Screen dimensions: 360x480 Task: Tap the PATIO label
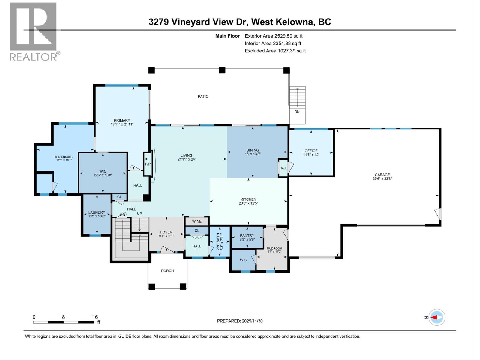[x=203, y=96]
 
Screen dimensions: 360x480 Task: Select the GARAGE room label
[x=382, y=175]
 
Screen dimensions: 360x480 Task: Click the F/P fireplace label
[x=148, y=164]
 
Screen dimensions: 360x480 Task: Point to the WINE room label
[x=197, y=221]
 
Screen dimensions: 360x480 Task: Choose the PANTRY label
[x=247, y=235]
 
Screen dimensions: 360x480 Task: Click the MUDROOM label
[x=274, y=248]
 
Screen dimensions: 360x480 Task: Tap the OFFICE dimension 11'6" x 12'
[x=311, y=155]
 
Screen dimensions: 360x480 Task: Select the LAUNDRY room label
[x=97, y=212]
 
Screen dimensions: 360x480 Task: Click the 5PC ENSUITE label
[x=64, y=157]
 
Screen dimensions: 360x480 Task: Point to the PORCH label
[x=167, y=271]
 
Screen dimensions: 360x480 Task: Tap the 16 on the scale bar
[x=95, y=317]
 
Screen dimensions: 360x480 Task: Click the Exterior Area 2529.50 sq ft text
[x=274, y=36]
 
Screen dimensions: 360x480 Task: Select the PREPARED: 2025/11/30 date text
[x=240, y=321]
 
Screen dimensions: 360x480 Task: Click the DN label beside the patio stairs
[x=297, y=112]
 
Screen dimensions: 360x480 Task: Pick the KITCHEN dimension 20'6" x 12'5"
[x=248, y=203]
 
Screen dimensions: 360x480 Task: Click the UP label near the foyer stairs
[x=139, y=214]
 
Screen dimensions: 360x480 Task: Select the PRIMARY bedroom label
[x=122, y=120]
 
